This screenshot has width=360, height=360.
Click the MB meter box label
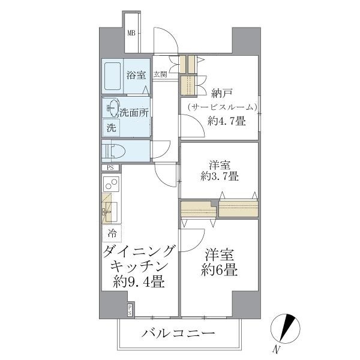(131, 34)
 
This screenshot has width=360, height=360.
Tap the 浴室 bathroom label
(136, 75)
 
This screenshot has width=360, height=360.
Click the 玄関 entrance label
(160, 75)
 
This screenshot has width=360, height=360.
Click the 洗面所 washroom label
(134, 111)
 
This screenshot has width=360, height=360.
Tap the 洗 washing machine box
(111, 127)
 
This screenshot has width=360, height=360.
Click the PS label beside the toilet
(110, 168)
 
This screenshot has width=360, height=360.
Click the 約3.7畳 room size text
(220, 176)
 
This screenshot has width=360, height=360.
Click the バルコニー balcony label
(178, 333)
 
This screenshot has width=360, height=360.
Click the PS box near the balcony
(130, 309)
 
